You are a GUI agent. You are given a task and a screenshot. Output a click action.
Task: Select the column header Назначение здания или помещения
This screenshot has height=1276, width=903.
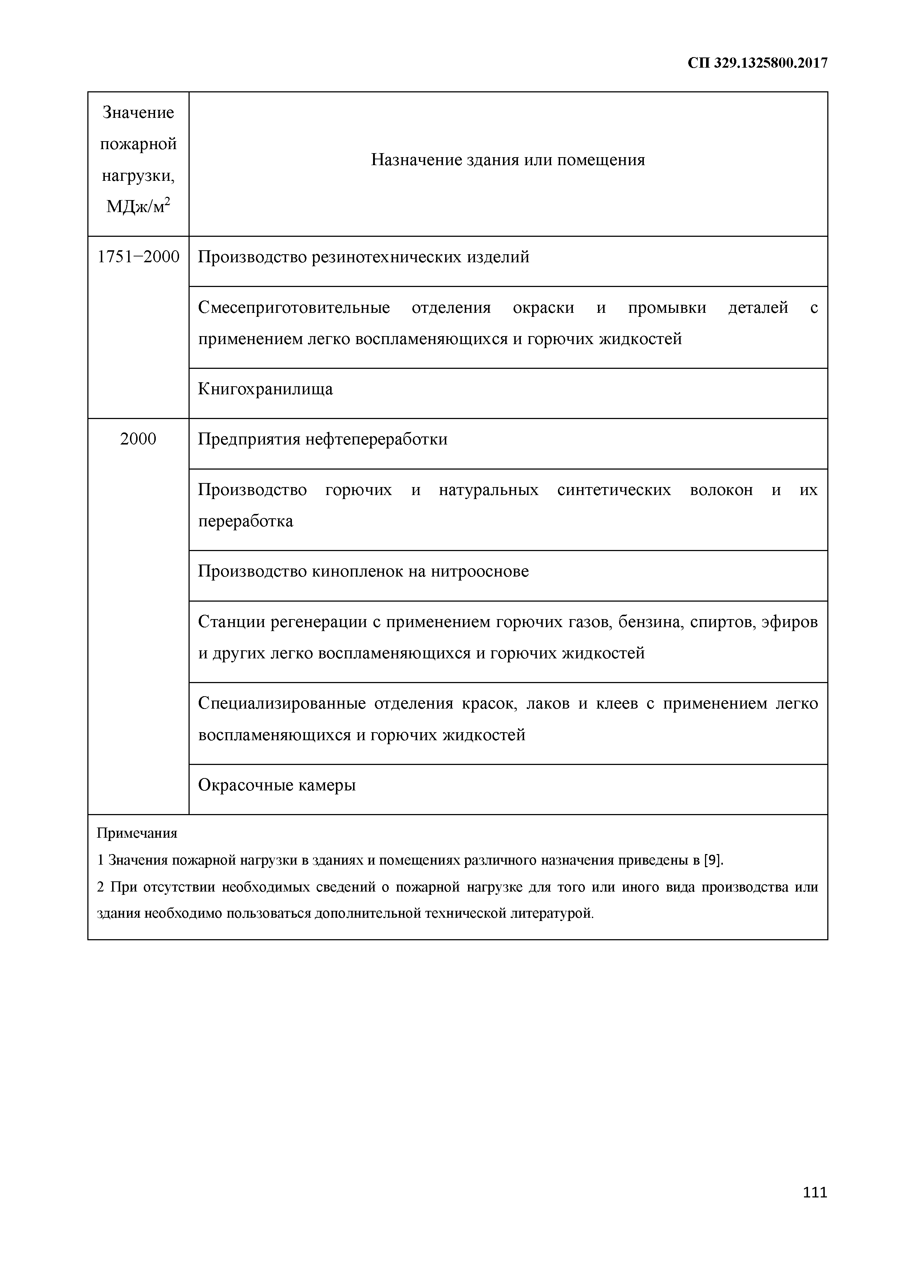point(508,160)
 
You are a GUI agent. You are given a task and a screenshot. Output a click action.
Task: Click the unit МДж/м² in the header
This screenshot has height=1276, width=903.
point(138,207)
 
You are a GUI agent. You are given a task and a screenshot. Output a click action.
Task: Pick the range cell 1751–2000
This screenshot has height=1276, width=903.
point(138,257)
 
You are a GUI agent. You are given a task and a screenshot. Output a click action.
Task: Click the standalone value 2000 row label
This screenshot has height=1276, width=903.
point(138,439)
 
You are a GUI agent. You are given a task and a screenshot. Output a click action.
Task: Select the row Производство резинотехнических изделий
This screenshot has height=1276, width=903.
point(364,257)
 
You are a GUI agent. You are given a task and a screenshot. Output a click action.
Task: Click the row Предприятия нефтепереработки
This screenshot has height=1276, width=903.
point(322,439)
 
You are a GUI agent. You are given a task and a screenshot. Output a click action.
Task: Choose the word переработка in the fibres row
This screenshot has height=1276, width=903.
point(245,521)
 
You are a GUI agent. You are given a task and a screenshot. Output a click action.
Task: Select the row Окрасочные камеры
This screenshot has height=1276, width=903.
point(276,785)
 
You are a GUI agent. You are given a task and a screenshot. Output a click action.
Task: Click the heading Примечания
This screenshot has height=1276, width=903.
point(137,833)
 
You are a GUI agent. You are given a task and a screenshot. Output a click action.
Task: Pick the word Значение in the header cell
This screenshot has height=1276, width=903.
point(138,113)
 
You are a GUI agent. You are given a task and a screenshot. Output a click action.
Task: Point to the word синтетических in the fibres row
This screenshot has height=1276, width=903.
point(614,490)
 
